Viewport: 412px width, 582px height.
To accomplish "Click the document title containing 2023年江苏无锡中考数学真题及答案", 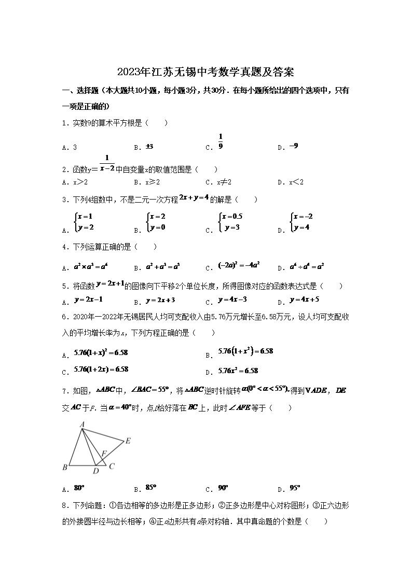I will click(x=206, y=72).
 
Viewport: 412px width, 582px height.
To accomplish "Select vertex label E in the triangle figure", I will click(x=128, y=441).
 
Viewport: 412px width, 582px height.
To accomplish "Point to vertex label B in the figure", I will click(x=65, y=467).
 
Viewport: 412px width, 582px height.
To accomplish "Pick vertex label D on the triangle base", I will click(x=95, y=471).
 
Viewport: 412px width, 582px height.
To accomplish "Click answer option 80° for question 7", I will click(x=79, y=488).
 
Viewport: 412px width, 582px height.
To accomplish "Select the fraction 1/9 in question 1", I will click(x=221, y=141).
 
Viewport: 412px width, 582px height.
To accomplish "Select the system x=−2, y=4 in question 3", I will click(x=303, y=222).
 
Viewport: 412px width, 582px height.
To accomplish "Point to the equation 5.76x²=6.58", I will click(x=238, y=371).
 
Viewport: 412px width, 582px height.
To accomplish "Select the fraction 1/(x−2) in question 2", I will click(x=106, y=163).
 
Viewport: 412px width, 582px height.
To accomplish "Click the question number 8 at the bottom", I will click(x=64, y=505).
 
